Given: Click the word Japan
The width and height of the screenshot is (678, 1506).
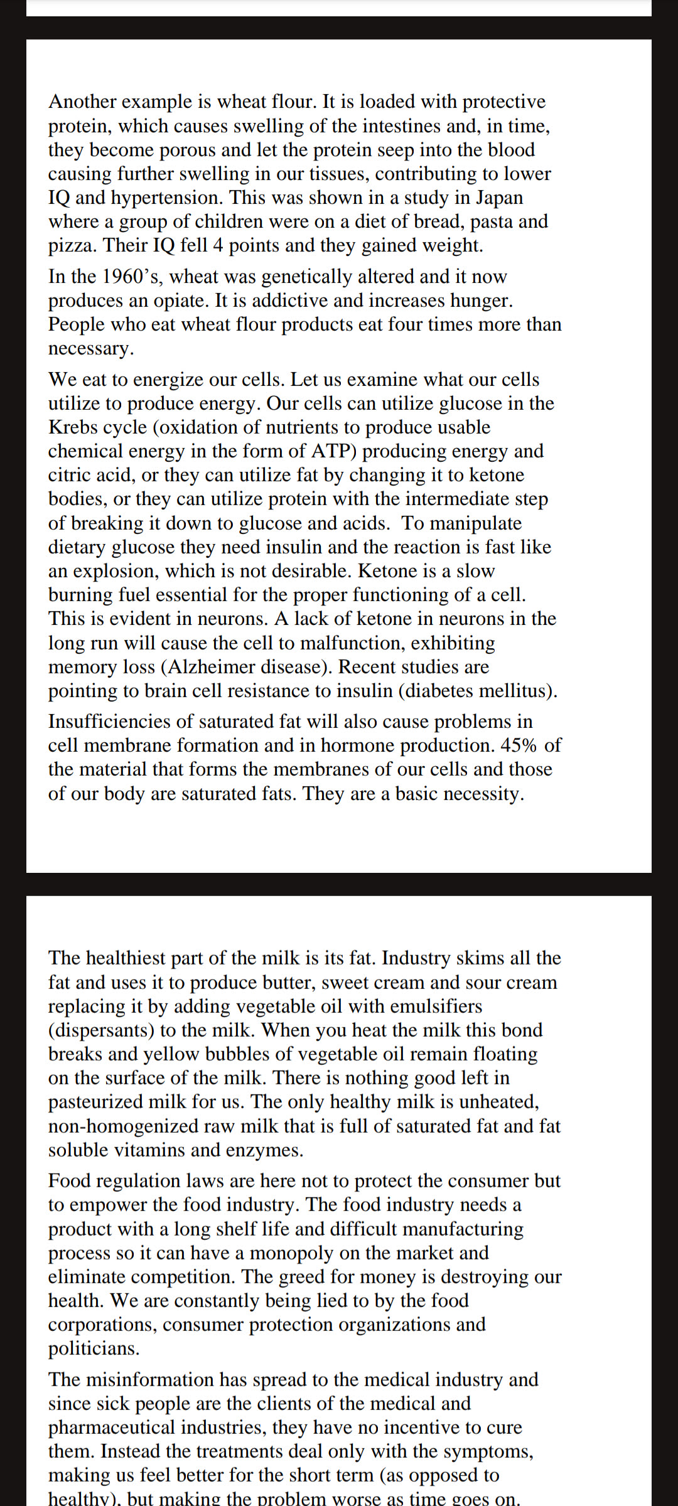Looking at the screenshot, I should pyautogui.click(x=499, y=198).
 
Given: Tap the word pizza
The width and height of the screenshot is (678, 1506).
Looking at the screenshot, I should pyautogui.click(x=72, y=245).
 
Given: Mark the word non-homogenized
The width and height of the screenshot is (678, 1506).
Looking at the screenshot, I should pyautogui.click(x=123, y=1126).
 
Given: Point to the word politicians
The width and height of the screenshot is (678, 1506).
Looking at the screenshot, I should pyautogui.click(x=94, y=1348).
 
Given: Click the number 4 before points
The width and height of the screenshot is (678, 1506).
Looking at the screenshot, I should pyautogui.click(x=218, y=245).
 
